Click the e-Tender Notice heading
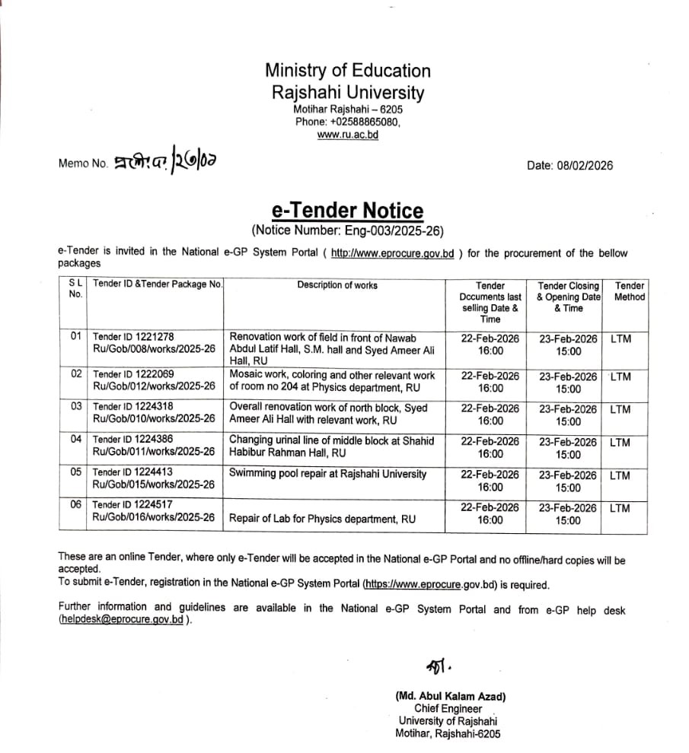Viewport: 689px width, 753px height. pos(347,210)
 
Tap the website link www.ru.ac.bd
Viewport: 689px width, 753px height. pos(347,135)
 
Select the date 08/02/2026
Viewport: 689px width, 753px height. pos(586,166)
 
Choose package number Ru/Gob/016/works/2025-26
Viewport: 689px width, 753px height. pos(154,517)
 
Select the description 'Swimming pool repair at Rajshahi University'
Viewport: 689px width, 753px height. pos(328,474)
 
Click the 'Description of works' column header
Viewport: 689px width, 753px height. pos(337,285)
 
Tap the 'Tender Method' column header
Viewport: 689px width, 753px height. pos(629,291)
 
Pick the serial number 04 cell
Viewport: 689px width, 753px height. pos(75,439)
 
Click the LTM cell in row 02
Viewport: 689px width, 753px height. pos(620,376)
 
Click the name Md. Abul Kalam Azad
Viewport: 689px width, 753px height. pos(451,696)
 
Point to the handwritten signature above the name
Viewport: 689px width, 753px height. pos(439,666)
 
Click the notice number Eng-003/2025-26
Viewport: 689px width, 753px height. pos(388,230)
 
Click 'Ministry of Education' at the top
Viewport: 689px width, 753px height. pos(347,71)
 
